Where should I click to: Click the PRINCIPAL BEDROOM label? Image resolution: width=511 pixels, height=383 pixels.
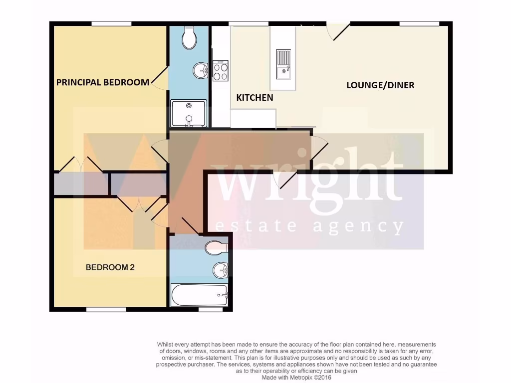pos(102,82)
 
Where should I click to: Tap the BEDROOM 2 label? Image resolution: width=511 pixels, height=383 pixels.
pos(110,267)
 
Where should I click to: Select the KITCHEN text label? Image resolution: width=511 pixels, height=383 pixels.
pos(255,98)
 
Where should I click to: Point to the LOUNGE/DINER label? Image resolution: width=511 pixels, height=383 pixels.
pos(380,85)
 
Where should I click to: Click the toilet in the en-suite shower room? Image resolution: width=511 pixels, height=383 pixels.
pos(189,38)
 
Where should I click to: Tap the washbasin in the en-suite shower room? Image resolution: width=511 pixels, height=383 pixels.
pos(201,71)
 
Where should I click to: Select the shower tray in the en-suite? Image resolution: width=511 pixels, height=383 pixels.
pos(188,113)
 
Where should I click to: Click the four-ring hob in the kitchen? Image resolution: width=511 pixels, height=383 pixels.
pos(220,70)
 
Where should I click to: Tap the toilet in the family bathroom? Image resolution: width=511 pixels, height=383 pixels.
pos(216,246)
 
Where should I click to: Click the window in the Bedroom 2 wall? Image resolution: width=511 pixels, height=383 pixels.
pos(106,310)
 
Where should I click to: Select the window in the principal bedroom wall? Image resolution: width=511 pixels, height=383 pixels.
pos(111,23)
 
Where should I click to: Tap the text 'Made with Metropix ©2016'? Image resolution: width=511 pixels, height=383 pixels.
pos(297,378)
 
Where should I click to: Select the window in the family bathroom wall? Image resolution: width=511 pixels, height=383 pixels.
pos(210,310)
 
